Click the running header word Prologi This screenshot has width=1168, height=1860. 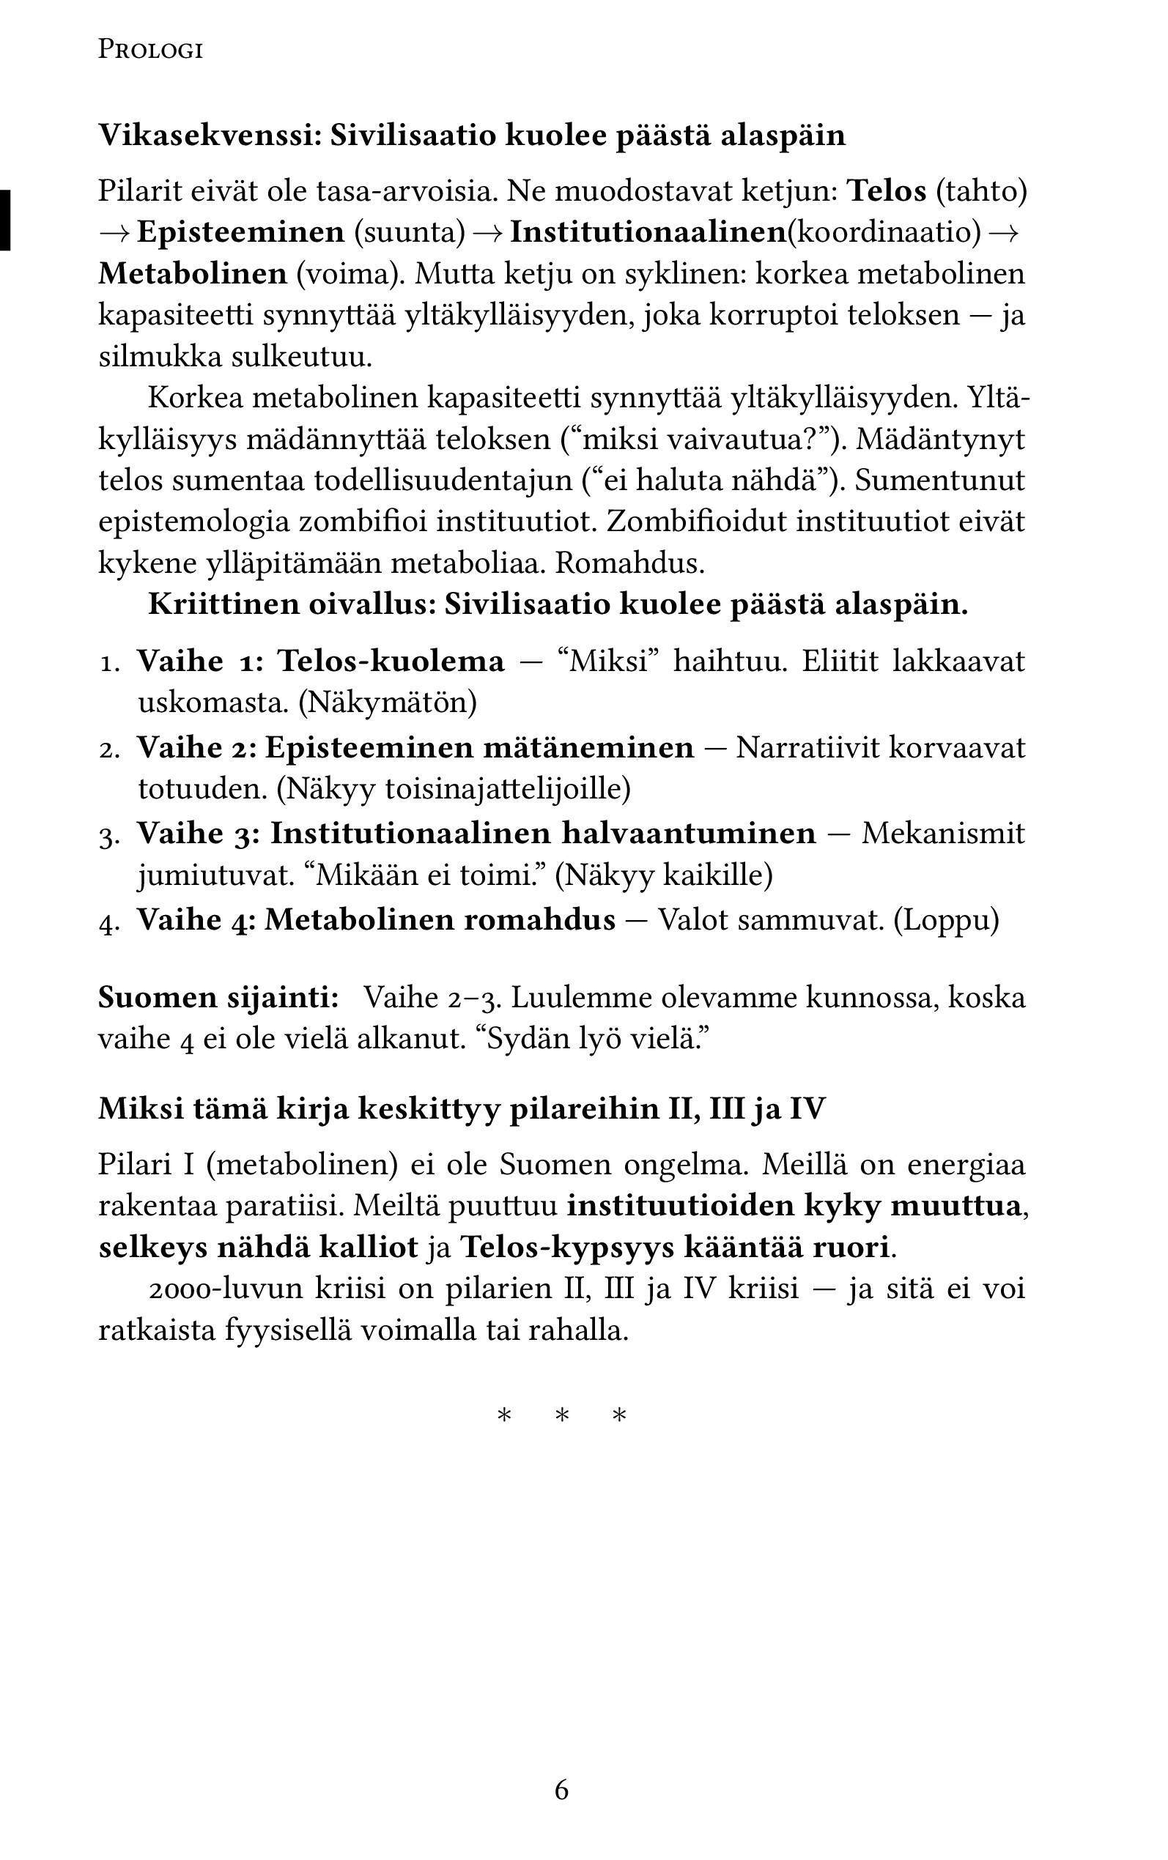click(151, 51)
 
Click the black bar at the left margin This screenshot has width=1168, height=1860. click(5, 220)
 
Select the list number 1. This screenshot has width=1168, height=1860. click(108, 663)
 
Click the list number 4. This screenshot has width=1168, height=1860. click(108, 922)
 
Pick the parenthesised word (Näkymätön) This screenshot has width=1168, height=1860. click(388, 703)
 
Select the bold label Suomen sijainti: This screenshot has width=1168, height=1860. click(218, 998)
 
